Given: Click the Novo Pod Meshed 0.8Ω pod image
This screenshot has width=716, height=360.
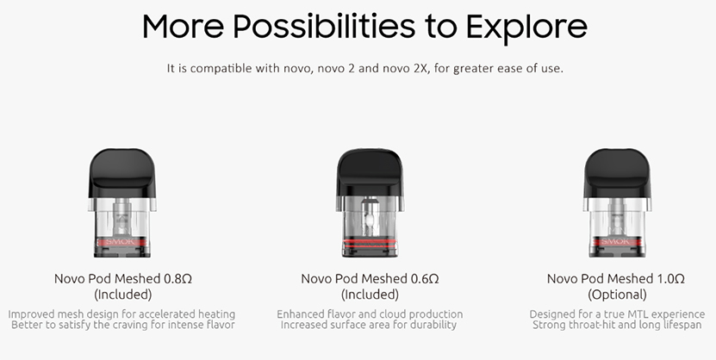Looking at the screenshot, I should pos(121,203).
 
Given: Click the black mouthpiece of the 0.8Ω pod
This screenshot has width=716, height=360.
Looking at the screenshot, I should pos(121,172).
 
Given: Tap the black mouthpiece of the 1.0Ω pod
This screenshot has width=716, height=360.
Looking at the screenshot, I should pos(616,171).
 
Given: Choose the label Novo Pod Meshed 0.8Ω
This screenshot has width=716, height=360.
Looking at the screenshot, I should pos(121,279).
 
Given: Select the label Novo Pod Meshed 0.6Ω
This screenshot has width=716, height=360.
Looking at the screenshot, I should pos(370,279).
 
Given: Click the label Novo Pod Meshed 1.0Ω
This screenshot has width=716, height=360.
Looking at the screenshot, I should pos(616,279).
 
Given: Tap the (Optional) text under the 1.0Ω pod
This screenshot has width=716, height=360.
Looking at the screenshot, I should pos(616,295).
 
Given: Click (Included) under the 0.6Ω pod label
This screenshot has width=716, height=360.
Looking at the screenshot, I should pos(370,295).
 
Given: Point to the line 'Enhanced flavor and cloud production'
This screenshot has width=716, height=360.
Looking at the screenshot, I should pos(370,314).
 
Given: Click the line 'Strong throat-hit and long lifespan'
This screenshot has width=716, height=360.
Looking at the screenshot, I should pos(616,326).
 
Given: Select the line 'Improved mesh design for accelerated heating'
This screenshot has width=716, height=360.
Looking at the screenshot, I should pos(121,314).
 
